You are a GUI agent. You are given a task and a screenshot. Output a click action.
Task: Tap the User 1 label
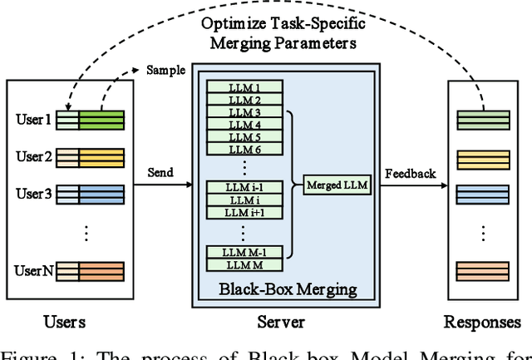[x=33, y=120]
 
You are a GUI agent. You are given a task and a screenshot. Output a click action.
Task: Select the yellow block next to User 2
[x=101, y=157]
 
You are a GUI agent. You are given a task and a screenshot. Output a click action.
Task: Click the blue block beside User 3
[x=101, y=195]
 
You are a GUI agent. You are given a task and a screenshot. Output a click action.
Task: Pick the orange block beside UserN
[x=101, y=270]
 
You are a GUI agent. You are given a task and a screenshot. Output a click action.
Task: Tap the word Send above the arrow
[x=160, y=173]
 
